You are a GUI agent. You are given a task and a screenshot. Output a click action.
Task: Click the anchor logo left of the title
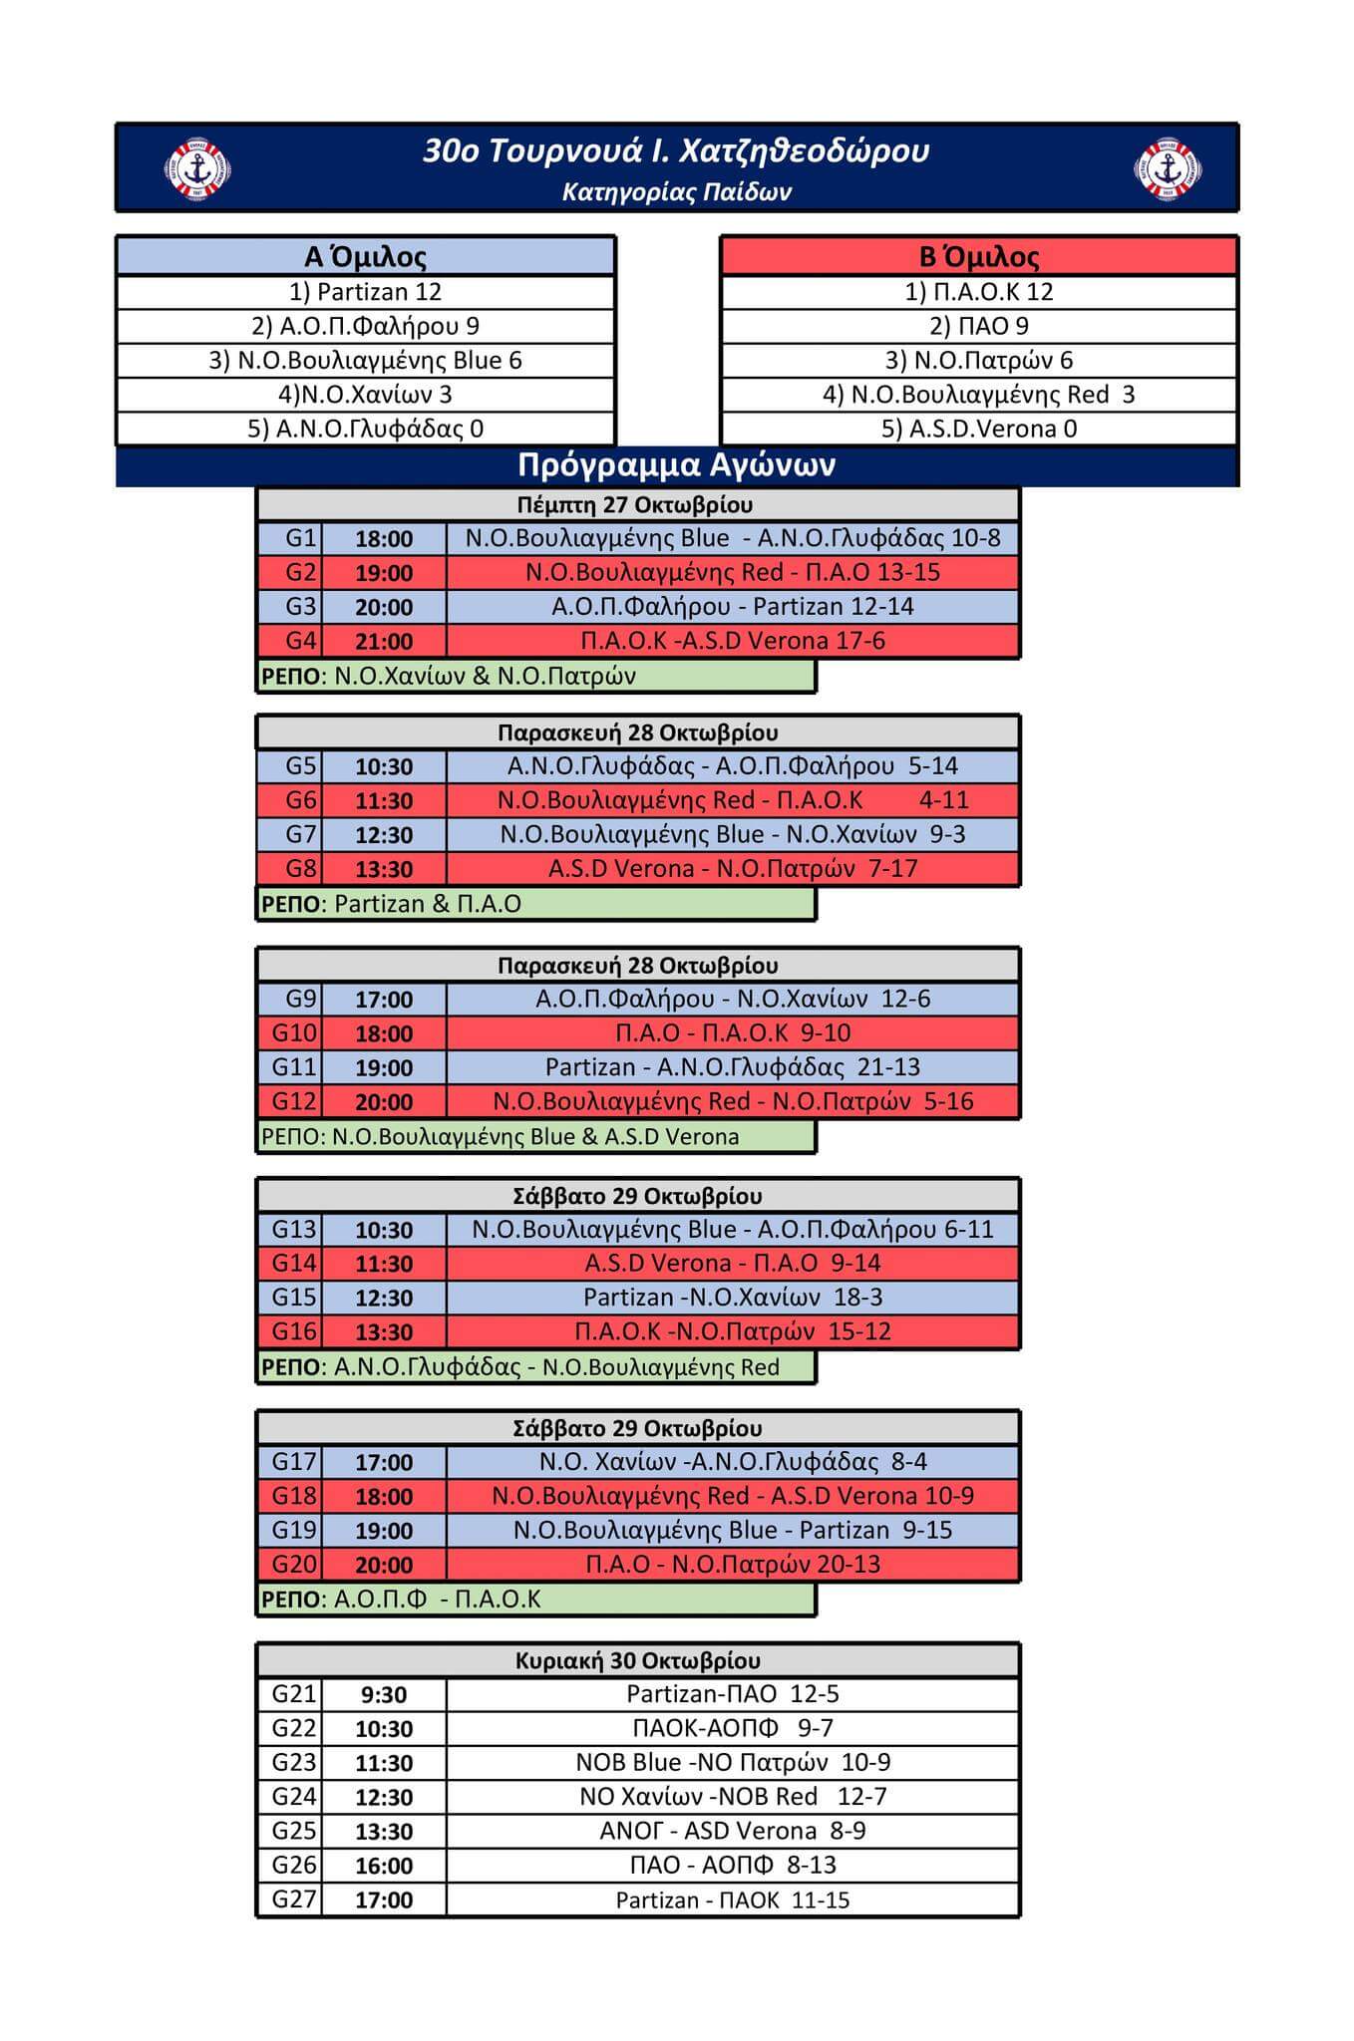(x=196, y=168)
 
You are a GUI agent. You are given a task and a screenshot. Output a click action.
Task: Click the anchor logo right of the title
(x=1169, y=168)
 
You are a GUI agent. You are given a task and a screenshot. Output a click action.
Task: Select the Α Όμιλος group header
(x=365, y=257)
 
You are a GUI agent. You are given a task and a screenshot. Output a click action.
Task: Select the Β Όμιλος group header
(x=978, y=257)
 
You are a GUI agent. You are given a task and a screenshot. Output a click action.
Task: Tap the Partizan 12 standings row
(x=365, y=292)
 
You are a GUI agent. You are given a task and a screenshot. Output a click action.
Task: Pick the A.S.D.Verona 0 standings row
(x=978, y=429)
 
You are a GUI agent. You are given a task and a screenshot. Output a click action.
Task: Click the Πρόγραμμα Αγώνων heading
(x=676, y=465)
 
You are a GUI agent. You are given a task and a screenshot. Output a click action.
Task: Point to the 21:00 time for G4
(x=384, y=641)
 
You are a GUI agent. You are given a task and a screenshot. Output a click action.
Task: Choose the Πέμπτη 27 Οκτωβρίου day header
(x=635, y=504)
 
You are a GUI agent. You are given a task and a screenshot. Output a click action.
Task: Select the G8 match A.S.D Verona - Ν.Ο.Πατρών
(x=732, y=869)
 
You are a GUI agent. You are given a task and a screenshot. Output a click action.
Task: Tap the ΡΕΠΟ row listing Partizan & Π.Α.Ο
(x=535, y=904)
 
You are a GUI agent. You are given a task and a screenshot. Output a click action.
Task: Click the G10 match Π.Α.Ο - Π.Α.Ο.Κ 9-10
(x=732, y=1033)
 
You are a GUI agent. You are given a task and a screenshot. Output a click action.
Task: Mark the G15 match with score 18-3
(x=732, y=1298)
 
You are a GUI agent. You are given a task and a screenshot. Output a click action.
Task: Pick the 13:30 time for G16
(x=384, y=1331)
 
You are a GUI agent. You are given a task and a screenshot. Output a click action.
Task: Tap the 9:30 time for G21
(x=384, y=1695)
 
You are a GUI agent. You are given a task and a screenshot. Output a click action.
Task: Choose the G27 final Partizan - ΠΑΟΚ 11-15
(x=732, y=1900)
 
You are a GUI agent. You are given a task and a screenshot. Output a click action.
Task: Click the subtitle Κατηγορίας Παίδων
(x=676, y=192)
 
